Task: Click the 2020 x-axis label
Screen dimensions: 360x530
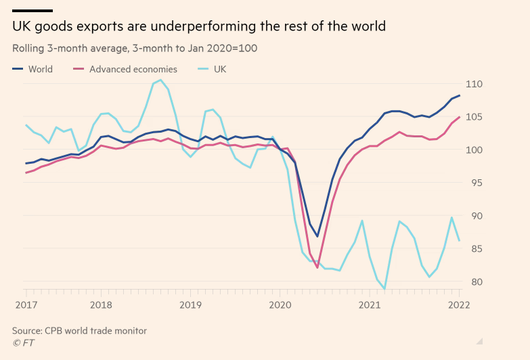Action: point(280,305)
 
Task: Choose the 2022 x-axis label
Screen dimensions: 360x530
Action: point(459,305)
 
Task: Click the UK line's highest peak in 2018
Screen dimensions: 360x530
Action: point(160,81)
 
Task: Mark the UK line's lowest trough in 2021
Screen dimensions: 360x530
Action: point(384,289)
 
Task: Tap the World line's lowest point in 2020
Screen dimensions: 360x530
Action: point(317,236)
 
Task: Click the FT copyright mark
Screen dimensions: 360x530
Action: point(23,342)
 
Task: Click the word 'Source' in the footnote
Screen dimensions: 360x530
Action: point(27,330)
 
